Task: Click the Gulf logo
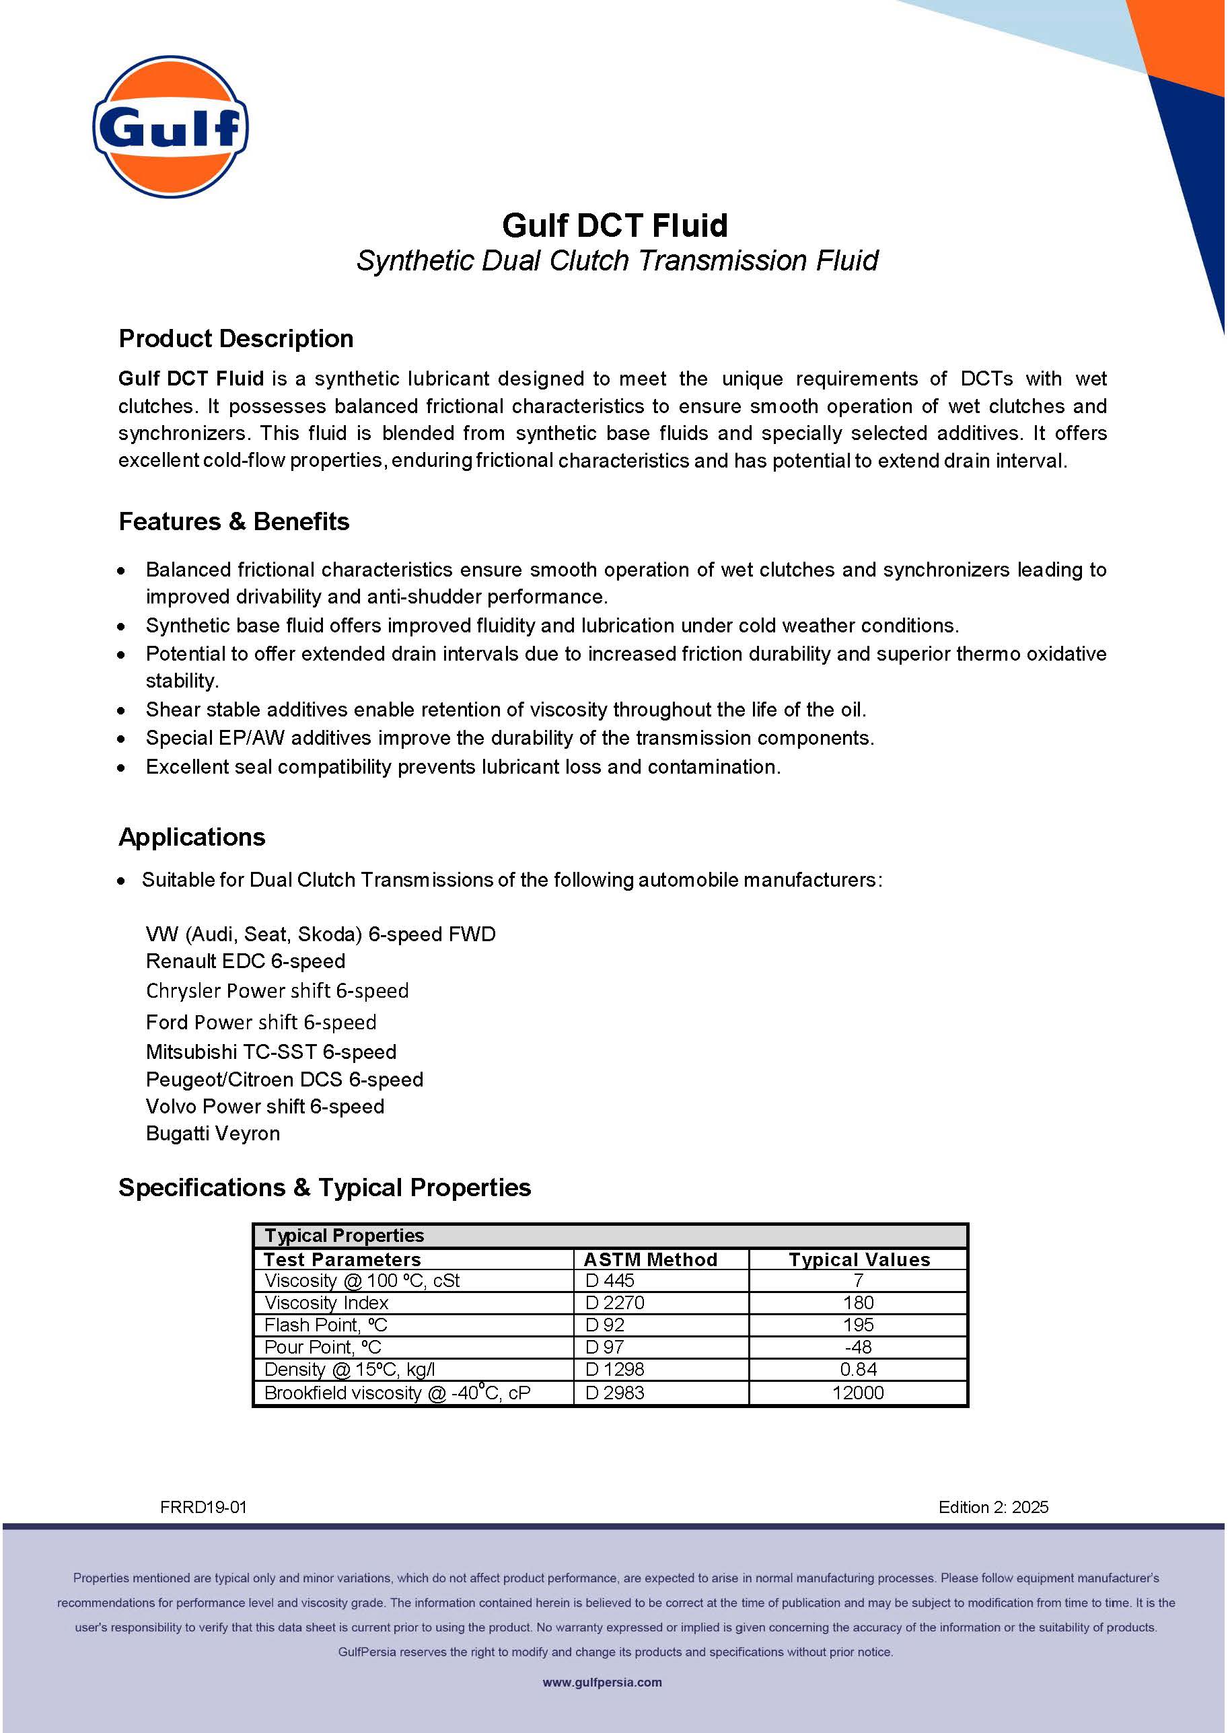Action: point(170,127)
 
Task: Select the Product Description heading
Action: point(236,339)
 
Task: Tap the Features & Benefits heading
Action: point(233,521)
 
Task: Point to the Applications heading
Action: point(192,837)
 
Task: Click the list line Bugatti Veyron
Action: point(213,1134)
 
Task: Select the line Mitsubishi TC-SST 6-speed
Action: point(270,1052)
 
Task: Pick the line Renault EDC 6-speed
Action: point(245,961)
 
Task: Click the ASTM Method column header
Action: point(650,1259)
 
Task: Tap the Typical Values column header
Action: point(859,1259)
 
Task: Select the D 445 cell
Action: point(610,1280)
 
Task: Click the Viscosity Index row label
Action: point(326,1302)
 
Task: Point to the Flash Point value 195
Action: point(858,1325)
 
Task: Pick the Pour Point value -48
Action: point(858,1347)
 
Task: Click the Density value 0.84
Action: point(858,1369)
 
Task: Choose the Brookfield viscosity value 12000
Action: point(858,1393)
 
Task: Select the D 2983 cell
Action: point(615,1393)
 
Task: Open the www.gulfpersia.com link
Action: point(602,1683)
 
